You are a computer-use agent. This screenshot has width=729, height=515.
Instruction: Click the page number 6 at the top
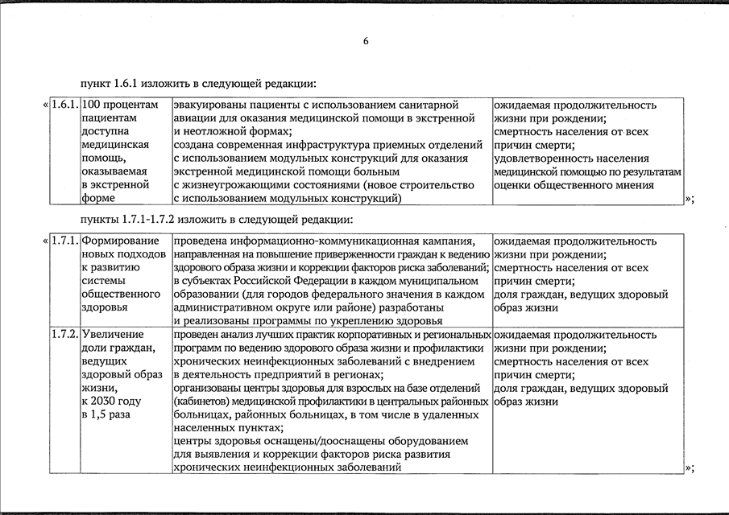(366, 43)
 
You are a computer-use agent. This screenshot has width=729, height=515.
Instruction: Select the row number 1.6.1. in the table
(64, 105)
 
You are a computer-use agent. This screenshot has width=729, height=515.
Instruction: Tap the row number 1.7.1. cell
(64, 241)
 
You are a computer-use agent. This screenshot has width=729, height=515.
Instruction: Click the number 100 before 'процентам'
(91, 105)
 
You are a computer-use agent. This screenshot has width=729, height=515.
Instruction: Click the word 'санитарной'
(431, 105)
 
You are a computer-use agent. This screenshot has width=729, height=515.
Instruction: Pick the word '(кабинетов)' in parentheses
(202, 401)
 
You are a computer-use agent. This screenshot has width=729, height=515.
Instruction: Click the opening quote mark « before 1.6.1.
(43, 105)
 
